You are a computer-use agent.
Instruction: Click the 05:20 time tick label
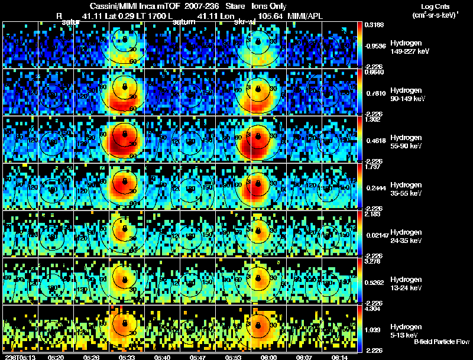56,357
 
